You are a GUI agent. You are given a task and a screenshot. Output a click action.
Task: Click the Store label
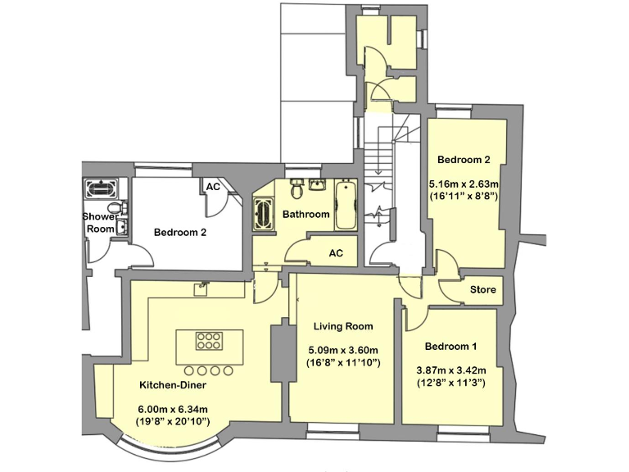[x=482, y=289]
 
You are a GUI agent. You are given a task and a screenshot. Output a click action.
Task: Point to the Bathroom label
[x=305, y=215]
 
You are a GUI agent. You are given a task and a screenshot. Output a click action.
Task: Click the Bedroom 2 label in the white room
[x=180, y=232]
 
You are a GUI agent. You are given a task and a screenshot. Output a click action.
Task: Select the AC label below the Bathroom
[x=336, y=253]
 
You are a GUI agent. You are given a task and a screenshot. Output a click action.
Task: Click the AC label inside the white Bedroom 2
[x=213, y=187]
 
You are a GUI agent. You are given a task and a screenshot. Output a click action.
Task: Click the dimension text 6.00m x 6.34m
[x=172, y=410]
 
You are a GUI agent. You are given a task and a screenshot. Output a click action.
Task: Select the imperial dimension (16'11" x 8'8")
[x=464, y=197]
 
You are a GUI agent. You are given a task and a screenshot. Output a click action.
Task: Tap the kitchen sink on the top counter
[x=201, y=288]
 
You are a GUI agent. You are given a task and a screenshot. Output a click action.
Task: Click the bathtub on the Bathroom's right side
[x=346, y=207]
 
